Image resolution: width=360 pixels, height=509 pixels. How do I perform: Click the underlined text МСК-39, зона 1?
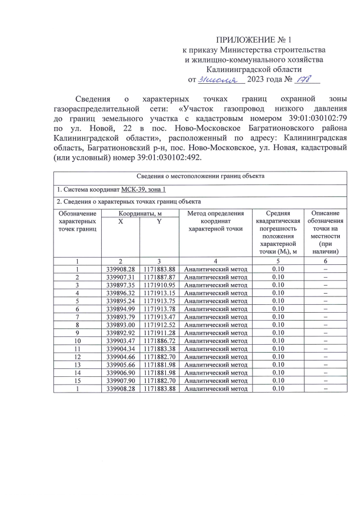pyautogui.click(x=144, y=189)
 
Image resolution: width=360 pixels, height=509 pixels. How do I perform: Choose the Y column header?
pyautogui.click(x=159, y=222)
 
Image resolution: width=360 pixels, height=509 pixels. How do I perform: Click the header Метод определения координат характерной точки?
pyautogui.click(x=215, y=221)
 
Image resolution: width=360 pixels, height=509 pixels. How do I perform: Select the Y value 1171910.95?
pyautogui.click(x=160, y=285)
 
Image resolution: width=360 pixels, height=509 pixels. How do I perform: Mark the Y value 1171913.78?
pyautogui.click(x=160, y=309)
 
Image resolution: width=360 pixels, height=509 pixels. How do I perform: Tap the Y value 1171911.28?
pyautogui.click(x=160, y=332)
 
